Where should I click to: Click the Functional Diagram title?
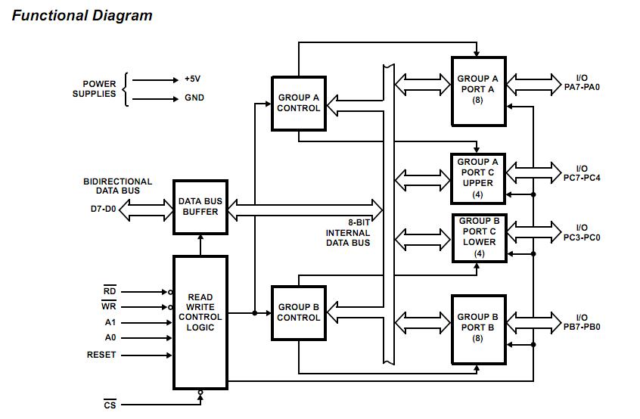82,16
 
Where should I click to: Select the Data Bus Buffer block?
200,206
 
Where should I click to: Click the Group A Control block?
299,103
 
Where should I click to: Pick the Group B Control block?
299,312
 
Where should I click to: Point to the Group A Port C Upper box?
478,178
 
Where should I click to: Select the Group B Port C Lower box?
479,237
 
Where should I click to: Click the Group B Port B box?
478,327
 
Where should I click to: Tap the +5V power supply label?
194,79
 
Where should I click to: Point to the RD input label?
110,291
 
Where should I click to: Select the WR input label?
110,307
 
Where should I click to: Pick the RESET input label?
101,355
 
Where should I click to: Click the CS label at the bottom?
110,405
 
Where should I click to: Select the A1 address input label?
110,323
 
